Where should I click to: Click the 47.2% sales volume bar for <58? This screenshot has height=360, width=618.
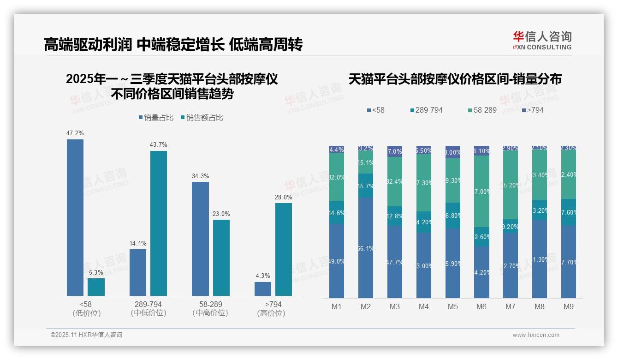coord(75,217)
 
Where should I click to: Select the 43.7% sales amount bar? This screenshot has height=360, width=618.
coord(158,223)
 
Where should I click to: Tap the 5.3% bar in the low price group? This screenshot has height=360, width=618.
coord(96,287)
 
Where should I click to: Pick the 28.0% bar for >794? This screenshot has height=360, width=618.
coord(283,249)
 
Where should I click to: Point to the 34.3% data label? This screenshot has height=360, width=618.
coord(200,176)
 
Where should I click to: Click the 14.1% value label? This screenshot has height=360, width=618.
coord(138,243)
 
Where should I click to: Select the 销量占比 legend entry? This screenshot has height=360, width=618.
coord(156,118)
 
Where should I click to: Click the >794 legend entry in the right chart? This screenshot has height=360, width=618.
coord(532,110)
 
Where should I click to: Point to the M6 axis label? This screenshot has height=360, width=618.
coord(481,307)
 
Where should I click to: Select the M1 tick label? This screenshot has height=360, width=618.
coord(337,307)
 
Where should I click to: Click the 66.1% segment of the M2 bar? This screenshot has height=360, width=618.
coord(366,248)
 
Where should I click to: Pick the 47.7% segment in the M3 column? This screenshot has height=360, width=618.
coord(395,262)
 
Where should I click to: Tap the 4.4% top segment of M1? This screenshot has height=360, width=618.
coord(337,150)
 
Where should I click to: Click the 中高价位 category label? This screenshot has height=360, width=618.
coord(210,313)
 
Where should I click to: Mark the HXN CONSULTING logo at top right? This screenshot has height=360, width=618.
coord(542,41)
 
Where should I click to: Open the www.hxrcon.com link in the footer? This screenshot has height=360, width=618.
coord(536,335)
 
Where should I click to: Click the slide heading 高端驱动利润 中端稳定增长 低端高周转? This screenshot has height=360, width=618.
coord(173,45)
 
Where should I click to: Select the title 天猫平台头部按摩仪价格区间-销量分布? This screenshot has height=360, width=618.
coord(455,79)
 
